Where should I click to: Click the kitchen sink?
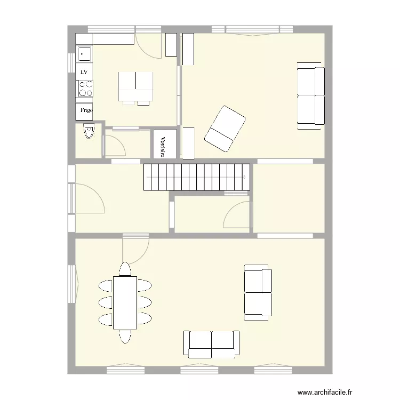pos(84,53)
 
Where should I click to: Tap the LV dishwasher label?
pos(84,71)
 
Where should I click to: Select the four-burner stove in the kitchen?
pos(84,88)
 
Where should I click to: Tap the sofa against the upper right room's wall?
pos(310,95)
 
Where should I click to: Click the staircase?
pos(196,177)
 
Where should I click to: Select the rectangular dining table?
pos(125,302)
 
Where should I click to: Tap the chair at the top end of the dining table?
pos(125,269)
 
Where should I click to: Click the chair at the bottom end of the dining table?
pos(125,335)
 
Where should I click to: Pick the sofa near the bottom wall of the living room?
pos(211,343)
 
